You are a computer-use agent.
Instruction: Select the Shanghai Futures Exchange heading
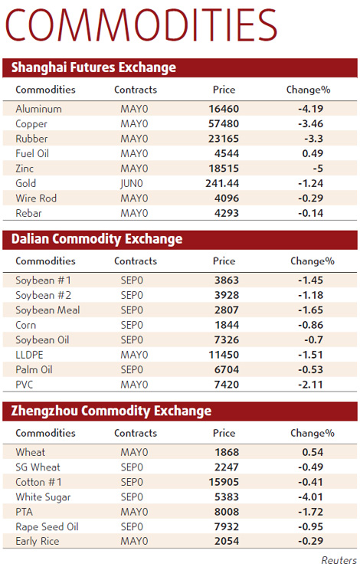tap(93, 67)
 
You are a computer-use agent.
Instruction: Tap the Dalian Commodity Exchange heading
tap(97, 239)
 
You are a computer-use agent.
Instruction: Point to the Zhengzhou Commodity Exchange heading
tap(111, 411)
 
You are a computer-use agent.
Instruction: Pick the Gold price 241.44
tap(224, 184)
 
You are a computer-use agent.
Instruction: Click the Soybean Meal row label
tap(47, 310)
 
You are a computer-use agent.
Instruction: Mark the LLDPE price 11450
tap(224, 355)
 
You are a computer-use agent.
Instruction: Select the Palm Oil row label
tap(34, 370)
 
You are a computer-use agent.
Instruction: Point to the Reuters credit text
tap(338, 559)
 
